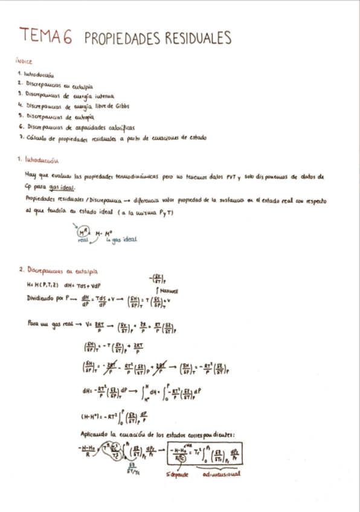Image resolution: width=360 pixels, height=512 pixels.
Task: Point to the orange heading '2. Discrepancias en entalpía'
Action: click(x=58, y=270)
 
